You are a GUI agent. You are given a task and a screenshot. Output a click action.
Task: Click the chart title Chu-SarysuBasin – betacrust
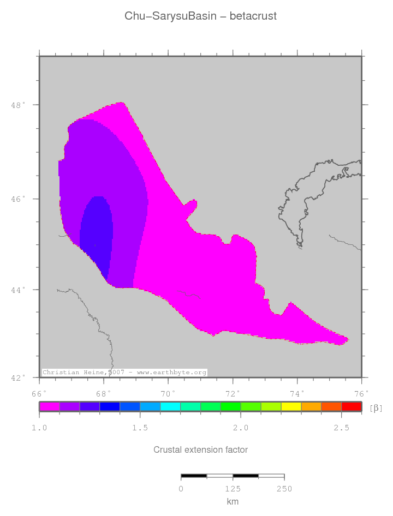pos(200,16)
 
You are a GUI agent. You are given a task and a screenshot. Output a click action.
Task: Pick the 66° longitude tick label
pos(39,393)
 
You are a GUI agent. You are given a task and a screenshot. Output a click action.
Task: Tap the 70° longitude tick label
pos(168,393)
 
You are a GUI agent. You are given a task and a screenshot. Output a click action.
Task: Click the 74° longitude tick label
pos(297,393)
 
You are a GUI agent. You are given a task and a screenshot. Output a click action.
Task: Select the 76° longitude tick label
pos(361,393)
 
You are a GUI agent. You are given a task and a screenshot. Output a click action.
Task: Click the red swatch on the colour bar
pos(352,406)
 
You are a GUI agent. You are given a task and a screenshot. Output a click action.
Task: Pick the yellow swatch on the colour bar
pos(291,406)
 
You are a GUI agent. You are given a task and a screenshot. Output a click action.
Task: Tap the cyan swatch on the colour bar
pos(170,406)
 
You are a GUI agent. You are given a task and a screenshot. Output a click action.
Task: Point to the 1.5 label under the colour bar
pos(140,428)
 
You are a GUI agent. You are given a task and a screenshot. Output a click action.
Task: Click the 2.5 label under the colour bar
pos(342,428)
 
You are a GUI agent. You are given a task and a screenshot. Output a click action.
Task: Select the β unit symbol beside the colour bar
pos(376,408)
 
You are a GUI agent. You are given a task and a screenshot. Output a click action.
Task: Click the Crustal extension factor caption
pos(200,450)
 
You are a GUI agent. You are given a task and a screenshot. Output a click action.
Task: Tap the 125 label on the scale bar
pos(233,489)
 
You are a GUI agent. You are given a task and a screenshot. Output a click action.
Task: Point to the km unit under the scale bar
pos(233,502)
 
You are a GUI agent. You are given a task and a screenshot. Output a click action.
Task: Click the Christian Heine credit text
pos(124,373)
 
